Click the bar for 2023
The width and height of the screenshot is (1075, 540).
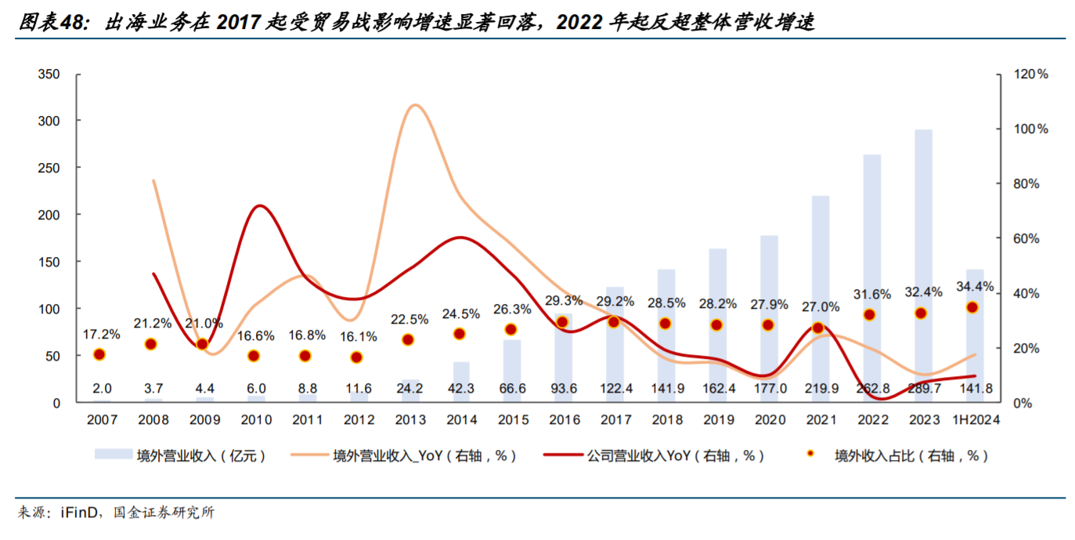(x=924, y=266)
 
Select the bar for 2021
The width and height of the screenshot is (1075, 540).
(x=821, y=298)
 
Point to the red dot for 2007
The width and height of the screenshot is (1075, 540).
(x=99, y=354)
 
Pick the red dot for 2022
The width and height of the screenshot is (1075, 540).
(x=869, y=315)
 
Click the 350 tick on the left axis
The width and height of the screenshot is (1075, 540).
(x=49, y=74)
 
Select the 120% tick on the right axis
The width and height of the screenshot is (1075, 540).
(x=1030, y=74)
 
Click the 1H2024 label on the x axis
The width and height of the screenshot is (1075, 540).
(x=974, y=420)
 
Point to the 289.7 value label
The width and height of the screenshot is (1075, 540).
(x=924, y=388)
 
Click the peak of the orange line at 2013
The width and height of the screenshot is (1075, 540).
(x=415, y=105)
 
